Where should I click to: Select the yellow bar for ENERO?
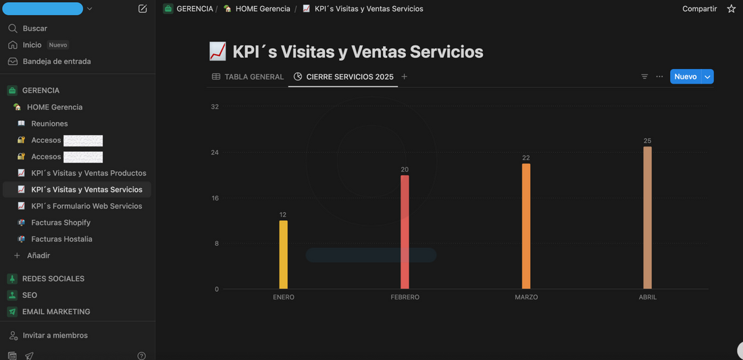pos(283,255)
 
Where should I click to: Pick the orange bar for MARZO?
pos(526,226)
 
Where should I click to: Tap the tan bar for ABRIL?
pos(648,217)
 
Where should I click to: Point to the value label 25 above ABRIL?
pos(648,141)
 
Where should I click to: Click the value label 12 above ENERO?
pos(283,215)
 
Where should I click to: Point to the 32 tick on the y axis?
pos(215,107)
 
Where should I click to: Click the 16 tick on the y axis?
pos(215,198)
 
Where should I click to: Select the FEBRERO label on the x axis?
pos(405,297)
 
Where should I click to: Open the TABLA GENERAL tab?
pos(248,77)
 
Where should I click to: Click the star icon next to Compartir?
pos(732,9)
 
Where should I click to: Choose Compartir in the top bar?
pos(699,9)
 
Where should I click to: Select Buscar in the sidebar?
pos(35,28)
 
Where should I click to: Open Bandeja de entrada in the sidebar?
pos(57,61)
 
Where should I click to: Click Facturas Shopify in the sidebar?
pos(61,222)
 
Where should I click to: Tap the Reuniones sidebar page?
pos(49,124)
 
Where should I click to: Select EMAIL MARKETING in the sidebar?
pos(56,311)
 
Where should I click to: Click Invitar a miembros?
pos(55,335)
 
